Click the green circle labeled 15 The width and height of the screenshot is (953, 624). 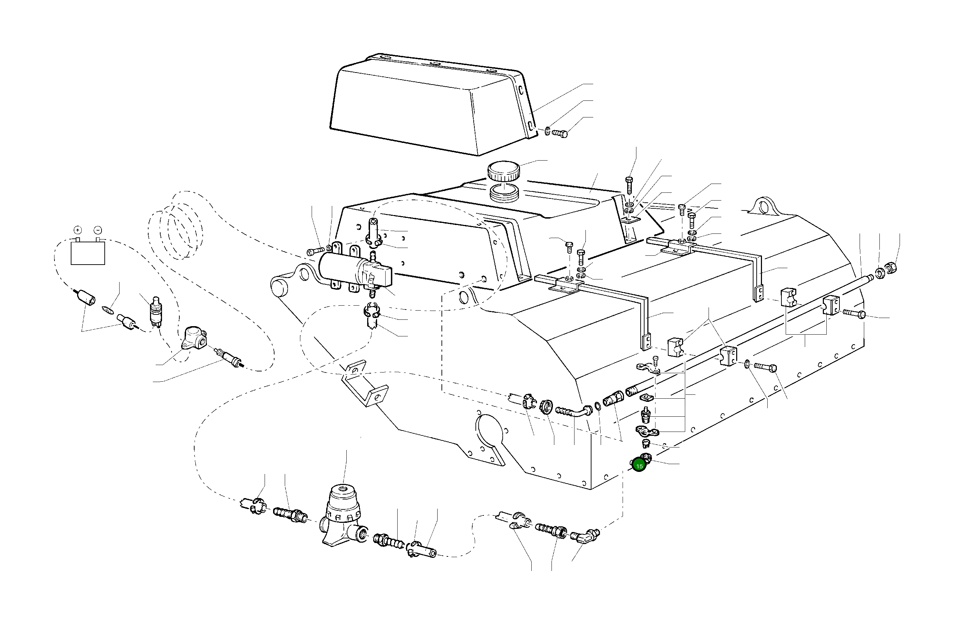[x=640, y=466]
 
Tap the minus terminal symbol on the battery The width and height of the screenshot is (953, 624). [x=98, y=230]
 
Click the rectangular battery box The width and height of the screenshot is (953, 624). [x=88, y=252]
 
